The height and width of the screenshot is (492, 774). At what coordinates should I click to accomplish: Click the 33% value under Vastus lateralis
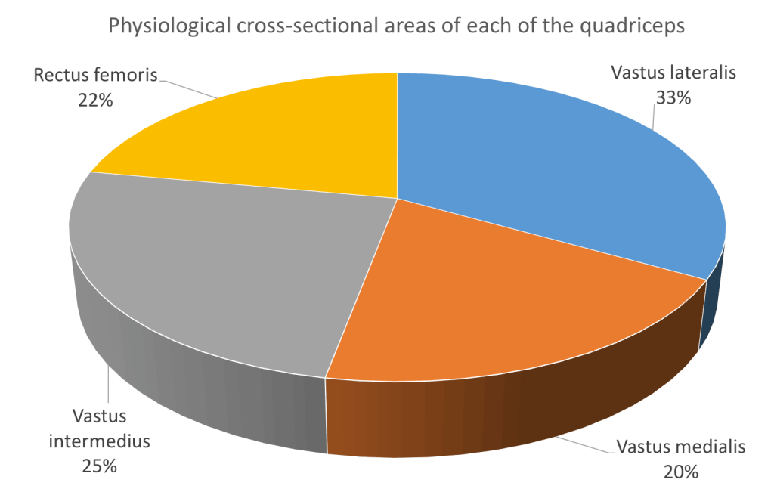(673, 97)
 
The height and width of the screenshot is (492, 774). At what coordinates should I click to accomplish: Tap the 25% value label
(99, 466)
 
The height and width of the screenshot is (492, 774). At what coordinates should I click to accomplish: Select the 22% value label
(95, 99)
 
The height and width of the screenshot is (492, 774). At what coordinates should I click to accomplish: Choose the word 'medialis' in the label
(711, 447)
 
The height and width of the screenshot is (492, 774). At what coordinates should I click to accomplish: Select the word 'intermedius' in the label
(99, 441)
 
